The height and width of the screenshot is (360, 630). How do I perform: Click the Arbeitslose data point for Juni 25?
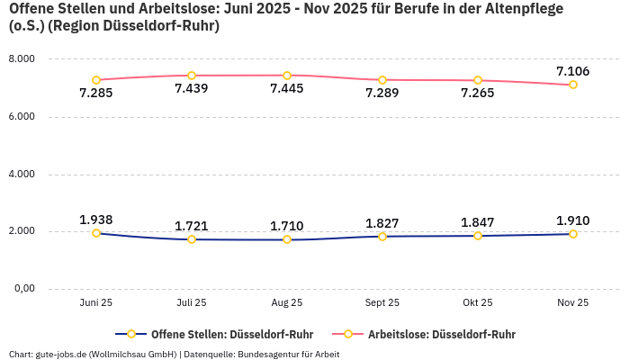point(96,80)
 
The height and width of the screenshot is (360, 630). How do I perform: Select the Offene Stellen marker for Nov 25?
point(572,234)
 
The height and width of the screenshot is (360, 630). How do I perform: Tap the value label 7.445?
point(287,89)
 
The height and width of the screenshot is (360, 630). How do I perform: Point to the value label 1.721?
point(192,226)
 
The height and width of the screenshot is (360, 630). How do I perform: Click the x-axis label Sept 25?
point(382,303)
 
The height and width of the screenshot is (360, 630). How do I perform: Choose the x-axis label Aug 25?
point(287,303)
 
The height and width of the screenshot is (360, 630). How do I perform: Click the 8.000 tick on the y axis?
point(21,59)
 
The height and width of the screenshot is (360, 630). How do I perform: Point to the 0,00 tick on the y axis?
point(22,289)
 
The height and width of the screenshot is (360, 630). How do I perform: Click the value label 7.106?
point(572,71)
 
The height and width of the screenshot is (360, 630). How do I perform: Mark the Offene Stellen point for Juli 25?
point(192,239)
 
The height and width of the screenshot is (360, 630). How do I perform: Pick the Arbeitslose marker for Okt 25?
point(478,80)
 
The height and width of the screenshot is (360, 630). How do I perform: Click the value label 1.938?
point(96,220)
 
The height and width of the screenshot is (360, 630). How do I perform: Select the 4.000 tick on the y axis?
point(21,174)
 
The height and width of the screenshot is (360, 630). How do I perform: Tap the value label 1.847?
point(478,222)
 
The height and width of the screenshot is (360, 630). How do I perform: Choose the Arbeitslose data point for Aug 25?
point(287,76)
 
